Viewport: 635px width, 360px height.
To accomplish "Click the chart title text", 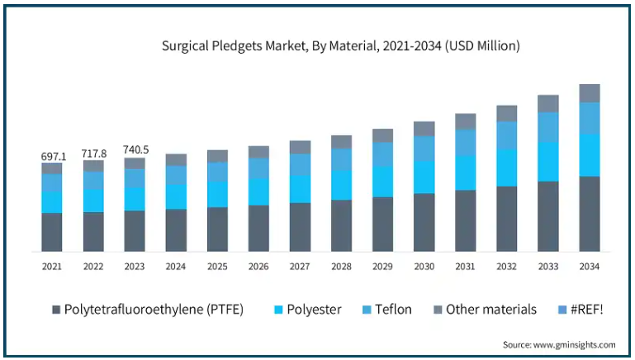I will pyautogui.click(x=341, y=45).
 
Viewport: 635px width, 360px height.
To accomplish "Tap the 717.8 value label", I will pyautogui.click(x=93, y=154).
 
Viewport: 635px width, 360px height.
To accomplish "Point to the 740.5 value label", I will pyautogui.click(x=135, y=149).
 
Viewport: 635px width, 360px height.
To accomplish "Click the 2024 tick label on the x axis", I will pyautogui.click(x=176, y=267).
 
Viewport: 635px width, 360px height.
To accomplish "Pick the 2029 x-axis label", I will pyautogui.click(x=382, y=267).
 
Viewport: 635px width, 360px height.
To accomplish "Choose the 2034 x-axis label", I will pyautogui.click(x=589, y=267).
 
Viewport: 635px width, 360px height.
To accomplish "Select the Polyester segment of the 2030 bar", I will pyautogui.click(x=424, y=177).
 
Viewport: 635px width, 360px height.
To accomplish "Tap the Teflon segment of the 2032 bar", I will pyautogui.click(x=506, y=135).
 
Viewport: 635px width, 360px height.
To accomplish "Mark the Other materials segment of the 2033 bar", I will pyautogui.click(x=547, y=103).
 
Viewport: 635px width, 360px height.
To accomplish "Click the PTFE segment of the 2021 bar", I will pyautogui.click(x=52, y=232).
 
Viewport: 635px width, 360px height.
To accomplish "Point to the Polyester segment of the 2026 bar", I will pyautogui.click(x=258, y=192).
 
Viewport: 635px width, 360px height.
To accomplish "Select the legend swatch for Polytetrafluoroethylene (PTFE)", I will pyautogui.click(x=56, y=310).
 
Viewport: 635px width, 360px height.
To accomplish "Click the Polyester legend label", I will pyautogui.click(x=313, y=310).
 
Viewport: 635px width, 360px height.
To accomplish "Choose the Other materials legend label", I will pyautogui.click(x=490, y=310).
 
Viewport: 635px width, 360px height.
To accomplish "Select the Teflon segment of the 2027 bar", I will pyautogui.click(x=300, y=163).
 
